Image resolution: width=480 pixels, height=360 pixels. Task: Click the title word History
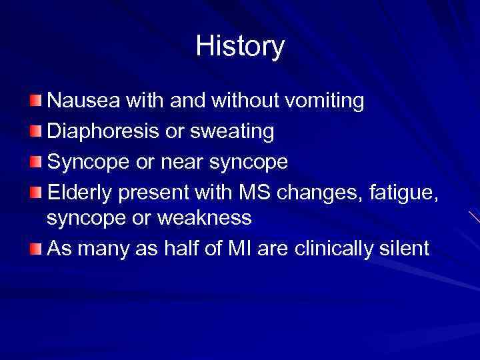(240, 47)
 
